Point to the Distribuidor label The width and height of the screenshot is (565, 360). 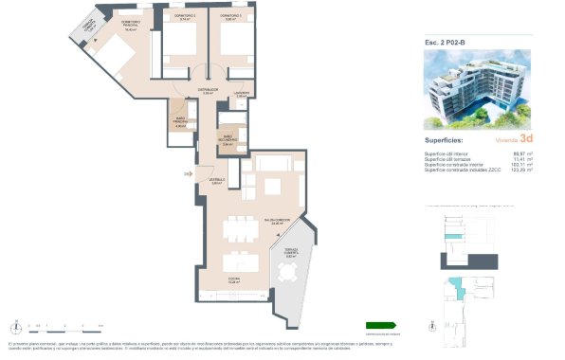click(209, 90)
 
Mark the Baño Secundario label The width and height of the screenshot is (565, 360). click(228, 138)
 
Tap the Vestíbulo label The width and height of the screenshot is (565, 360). click(217, 180)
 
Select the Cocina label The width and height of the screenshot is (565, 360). click(233, 279)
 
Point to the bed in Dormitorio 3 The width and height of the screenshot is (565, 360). click(232, 47)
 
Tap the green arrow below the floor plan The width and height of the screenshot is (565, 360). click(381, 325)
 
